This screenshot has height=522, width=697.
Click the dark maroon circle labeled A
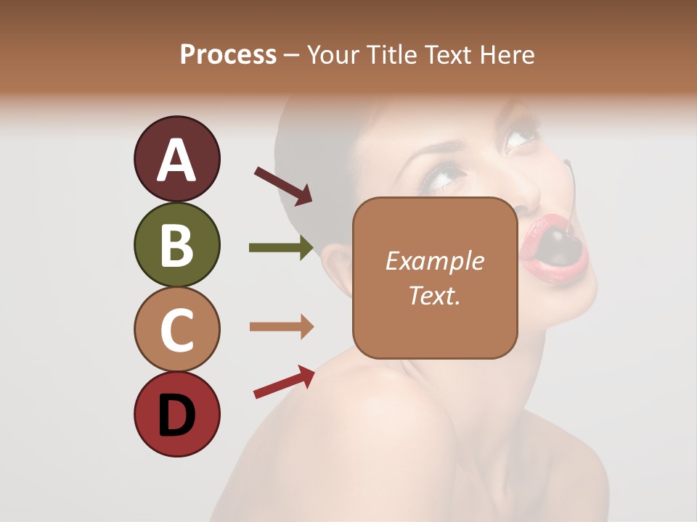pos(176,159)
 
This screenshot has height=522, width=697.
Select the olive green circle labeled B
pos(176,244)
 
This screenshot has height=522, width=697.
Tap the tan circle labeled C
pos(176,330)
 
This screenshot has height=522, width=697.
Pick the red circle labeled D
pos(176,415)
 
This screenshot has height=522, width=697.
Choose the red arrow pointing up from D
pos(284,382)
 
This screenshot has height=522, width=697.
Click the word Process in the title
pos(228,55)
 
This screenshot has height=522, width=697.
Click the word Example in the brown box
pos(434,261)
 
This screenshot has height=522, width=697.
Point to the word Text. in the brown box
pos(434,295)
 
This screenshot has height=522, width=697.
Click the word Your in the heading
pos(332,55)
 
